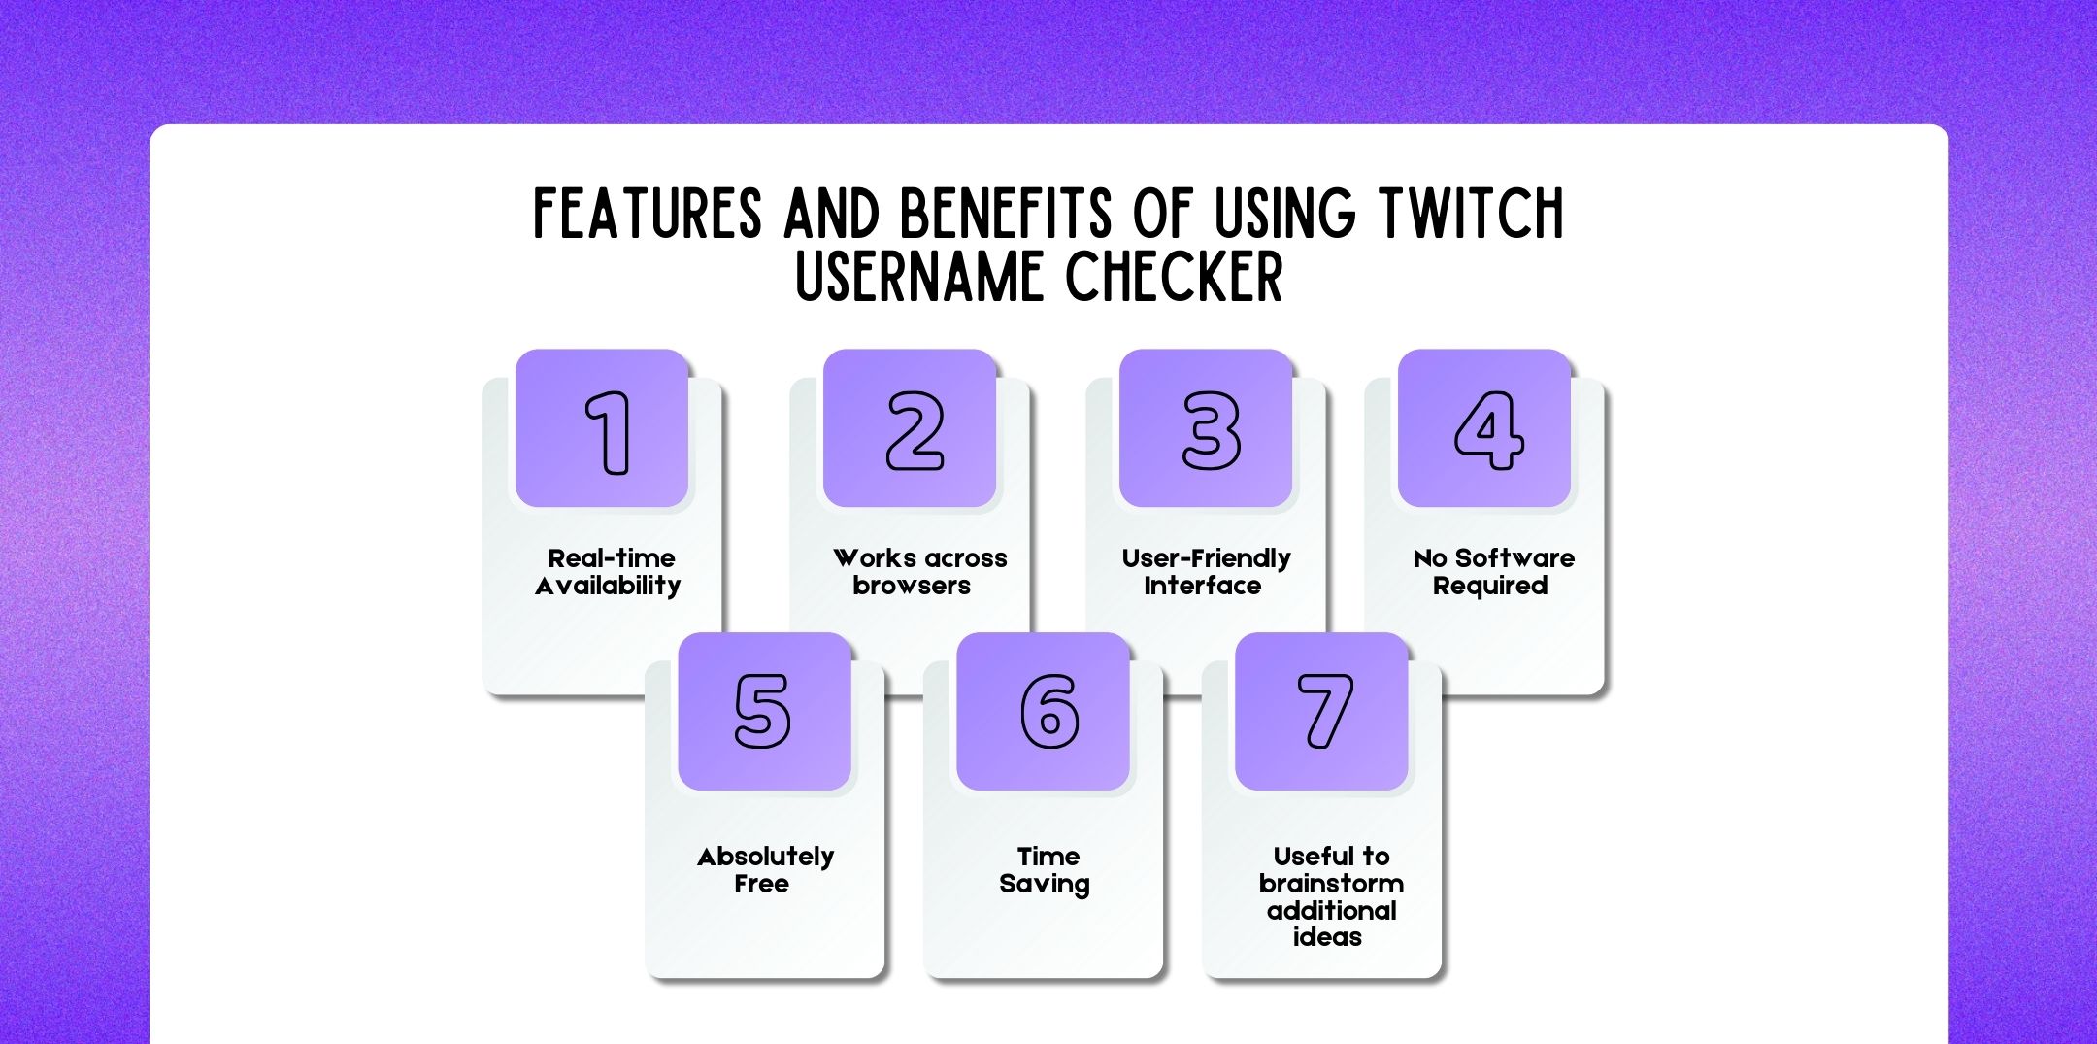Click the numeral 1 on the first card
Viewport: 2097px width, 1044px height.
[x=609, y=432]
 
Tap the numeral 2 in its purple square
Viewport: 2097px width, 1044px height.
[x=915, y=430]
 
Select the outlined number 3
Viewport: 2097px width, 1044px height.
[x=1211, y=430]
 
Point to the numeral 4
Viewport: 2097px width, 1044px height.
[x=1488, y=430]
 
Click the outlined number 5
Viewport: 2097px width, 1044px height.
[x=762, y=711]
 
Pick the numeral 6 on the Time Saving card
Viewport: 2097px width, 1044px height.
[x=1048, y=711]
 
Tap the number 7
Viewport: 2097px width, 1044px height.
[x=1325, y=711]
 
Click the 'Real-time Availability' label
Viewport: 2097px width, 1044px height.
[x=609, y=572]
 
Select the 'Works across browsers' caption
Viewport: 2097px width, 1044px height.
[x=917, y=572]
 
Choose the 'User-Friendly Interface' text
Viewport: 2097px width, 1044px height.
[x=1206, y=572]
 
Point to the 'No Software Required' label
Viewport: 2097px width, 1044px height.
[x=1492, y=572]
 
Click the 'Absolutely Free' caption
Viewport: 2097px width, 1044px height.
[x=765, y=870]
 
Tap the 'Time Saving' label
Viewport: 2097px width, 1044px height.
[x=1046, y=870]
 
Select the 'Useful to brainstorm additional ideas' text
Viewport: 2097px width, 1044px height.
[x=1330, y=896]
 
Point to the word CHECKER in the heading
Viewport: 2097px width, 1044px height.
[x=1174, y=278]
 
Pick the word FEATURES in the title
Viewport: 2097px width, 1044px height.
[x=648, y=214]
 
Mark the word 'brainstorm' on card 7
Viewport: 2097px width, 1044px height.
[x=1331, y=884]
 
